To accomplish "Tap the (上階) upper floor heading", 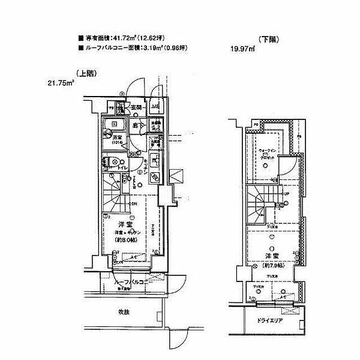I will (86, 73).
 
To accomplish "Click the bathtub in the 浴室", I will (112, 127).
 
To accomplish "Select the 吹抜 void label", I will (124, 312).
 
